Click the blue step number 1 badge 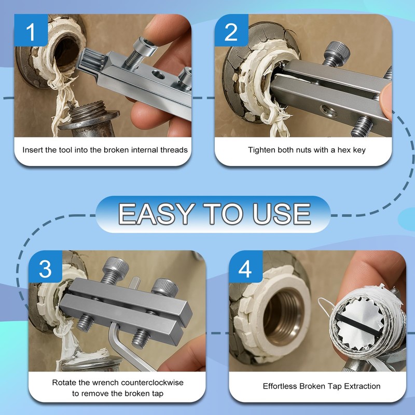pyautogui.click(x=32, y=32)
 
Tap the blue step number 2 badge pyautogui.click(x=231, y=32)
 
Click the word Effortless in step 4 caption pyautogui.click(x=283, y=386)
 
